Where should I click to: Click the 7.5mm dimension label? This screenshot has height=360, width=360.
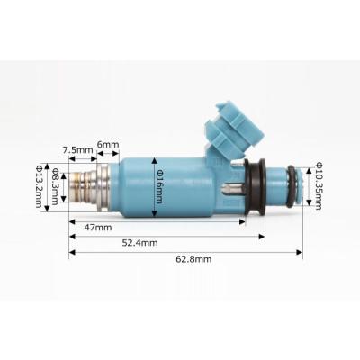(x=77, y=149)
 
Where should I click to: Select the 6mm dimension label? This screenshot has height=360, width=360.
(x=108, y=144)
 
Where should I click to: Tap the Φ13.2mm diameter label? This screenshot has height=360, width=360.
(x=39, y=186)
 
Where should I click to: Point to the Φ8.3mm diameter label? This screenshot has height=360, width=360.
(x=55, y=186)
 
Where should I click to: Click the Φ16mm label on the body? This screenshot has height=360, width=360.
(x=159, y=186)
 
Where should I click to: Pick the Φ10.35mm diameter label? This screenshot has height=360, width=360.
(x=319, y=186)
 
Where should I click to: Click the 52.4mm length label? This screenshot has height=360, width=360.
(x=139, y=243)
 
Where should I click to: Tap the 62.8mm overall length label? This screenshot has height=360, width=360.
(x=193, y=259)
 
